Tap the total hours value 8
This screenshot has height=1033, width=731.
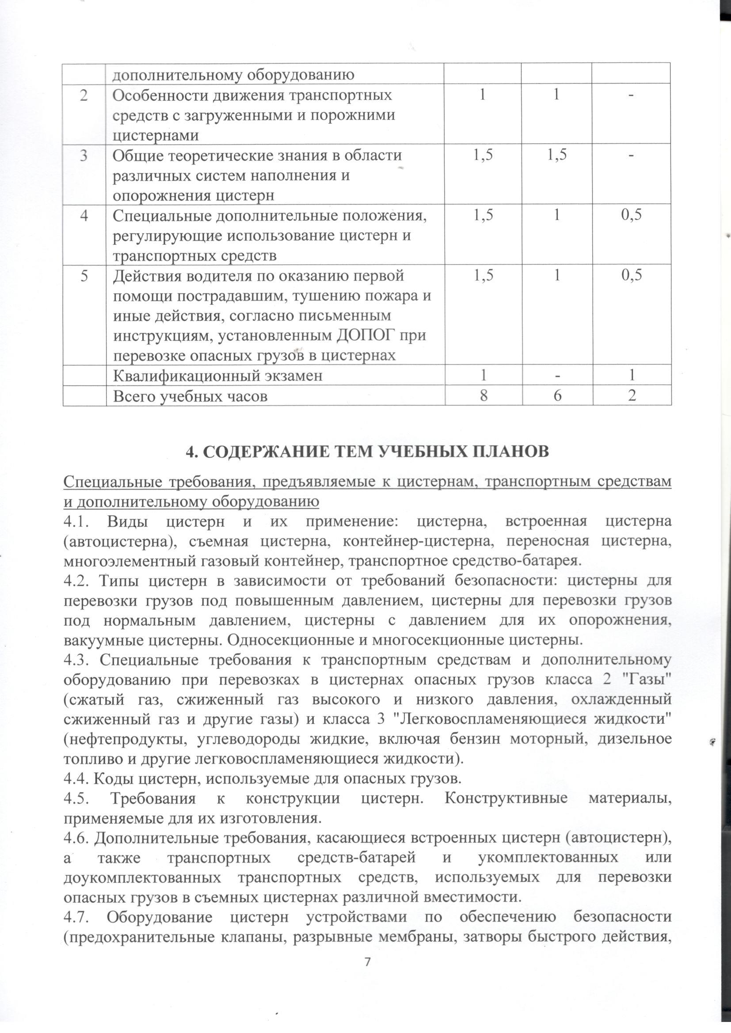(483, 396)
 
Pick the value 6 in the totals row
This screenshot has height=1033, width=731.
(556, 396)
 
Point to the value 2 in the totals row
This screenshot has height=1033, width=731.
(632, 396)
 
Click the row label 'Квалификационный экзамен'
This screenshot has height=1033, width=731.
(217, 375)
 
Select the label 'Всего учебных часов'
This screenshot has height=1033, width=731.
(190, 396)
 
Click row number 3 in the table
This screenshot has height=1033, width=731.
(84, 156)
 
